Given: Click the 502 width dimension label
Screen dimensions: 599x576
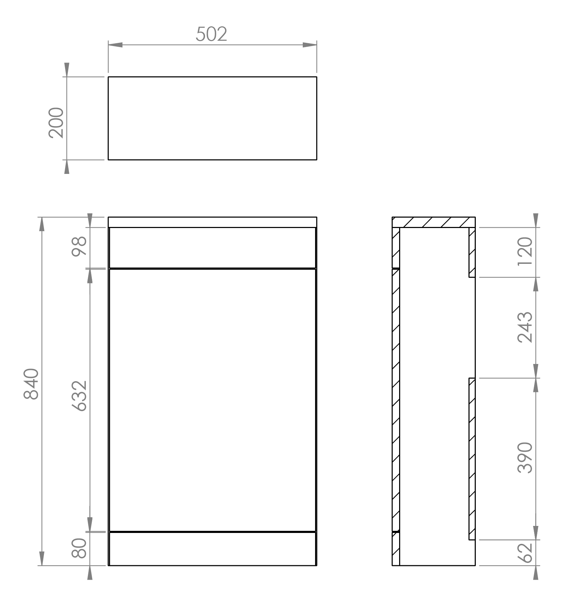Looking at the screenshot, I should [x=211, y=34].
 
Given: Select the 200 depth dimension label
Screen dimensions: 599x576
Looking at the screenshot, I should [x=57, y=123].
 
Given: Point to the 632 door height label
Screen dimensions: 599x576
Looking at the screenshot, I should [x=79, y=396].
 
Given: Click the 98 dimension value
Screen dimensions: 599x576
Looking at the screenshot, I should [x=79, y=247].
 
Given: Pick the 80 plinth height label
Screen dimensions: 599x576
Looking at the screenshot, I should [x=79, y=548].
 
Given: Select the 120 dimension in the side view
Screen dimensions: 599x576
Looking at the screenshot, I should [x=525, y=251].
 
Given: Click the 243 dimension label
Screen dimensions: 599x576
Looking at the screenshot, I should [x=525, y=327].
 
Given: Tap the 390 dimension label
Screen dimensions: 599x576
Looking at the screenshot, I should [x=525, y=458].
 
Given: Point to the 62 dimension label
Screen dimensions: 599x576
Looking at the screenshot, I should [x=525, y=553].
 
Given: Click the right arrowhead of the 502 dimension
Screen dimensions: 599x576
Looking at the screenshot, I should [x=310, y=45].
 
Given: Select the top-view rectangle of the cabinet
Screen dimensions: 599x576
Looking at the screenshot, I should [x=212, y=118].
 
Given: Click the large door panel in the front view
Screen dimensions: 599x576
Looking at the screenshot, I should [x=212, y=400].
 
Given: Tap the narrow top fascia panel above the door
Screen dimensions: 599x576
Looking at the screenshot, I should [x=212, y=248].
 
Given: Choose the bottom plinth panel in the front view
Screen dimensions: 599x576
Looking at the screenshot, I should [x=212, y=548].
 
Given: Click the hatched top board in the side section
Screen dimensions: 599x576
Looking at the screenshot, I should [x=434, y=222].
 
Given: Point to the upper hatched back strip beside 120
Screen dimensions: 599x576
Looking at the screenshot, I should [x=472, y=252].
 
